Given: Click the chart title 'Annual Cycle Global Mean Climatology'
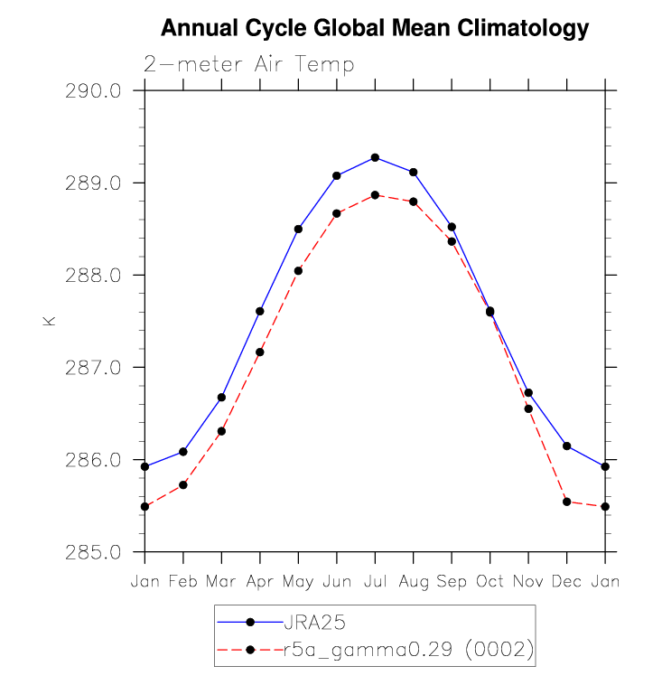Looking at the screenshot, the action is pyautogui.click(x=375, y=28).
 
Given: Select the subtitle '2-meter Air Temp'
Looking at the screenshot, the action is pyautogui.click(x=248, y=64).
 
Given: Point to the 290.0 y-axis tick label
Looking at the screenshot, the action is pyautogui.click(x=93, y=91).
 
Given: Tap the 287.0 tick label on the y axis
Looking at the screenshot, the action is pyautogui.click(x=93, y=368).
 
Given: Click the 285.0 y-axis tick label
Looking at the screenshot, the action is pyautogui.click(x=93, y=552).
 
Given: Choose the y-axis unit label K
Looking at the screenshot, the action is pyautogui.click(x=49, y=321).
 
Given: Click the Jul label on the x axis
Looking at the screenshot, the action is pyautogui.click(x=375, y=581).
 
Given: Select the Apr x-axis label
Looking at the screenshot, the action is pyautogui.click(x=260, y=582).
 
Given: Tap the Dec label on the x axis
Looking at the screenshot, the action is pyautogui.click(x=567, y=581).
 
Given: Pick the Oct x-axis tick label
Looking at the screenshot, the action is pyautogui.click(x=490, y=581).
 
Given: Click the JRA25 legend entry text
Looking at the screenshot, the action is pyautogui.click(x=315, y=622).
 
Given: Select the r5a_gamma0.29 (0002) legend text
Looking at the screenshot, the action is pyautogui.click(x=409, y=649).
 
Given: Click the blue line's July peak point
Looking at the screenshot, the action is pyautogui.click(x=375, y=157).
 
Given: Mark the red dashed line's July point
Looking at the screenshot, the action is pyautogui.click(x=375, y=195).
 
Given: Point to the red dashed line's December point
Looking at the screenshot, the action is pyautogui.click(x=567, y=502).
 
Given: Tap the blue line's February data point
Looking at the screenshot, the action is pyautogui.click(x=183, y=451).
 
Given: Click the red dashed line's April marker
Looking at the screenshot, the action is pyautogui.click(x=260, y=352).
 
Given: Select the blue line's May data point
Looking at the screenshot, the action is pyautogui.click(x=298, y=229).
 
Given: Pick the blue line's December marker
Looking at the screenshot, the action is pyautogui.click(x=567, y=446).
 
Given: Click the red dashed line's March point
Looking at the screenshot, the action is pyautogui.click(x=221, y=431).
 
